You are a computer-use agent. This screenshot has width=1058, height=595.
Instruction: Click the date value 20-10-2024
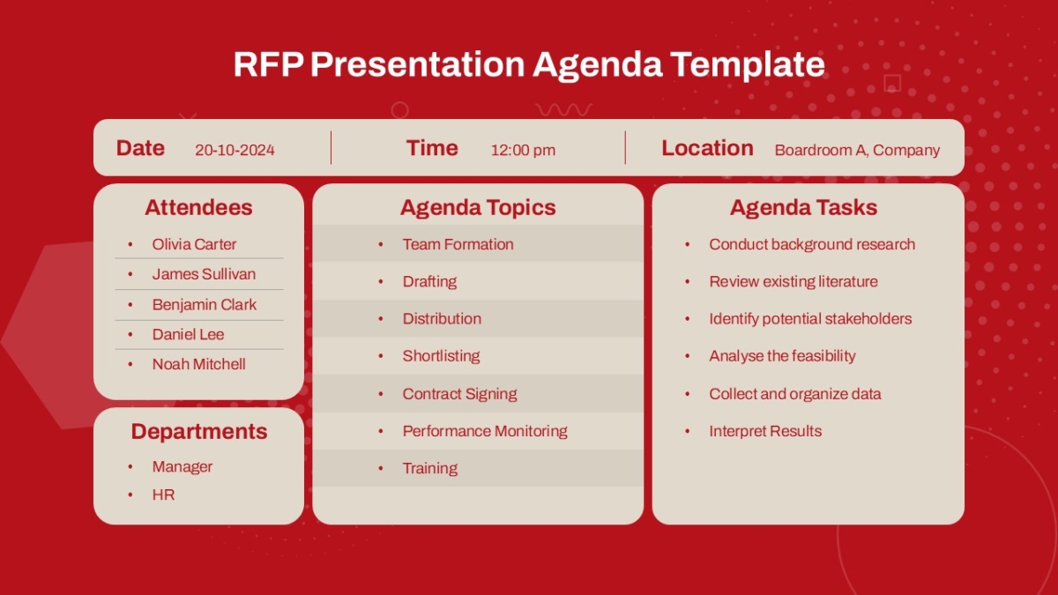(235, 150)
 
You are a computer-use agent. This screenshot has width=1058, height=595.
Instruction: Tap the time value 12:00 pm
(523, 150)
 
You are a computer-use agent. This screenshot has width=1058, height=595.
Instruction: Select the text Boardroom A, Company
(857, 150)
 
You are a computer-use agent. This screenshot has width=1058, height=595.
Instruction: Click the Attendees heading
(199, 207)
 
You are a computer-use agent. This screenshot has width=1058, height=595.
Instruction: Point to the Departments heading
(199, 432)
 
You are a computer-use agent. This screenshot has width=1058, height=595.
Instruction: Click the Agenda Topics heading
(478, 207)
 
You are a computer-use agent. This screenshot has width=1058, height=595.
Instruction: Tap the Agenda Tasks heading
(803, 207)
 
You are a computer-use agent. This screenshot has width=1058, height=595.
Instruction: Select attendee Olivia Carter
(194, 244)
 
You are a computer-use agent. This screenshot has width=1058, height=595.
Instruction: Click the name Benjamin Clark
(204, 305)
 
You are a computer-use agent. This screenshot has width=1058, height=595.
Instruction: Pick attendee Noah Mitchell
(199, 364)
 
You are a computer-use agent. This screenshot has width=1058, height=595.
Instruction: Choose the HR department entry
(163, 495)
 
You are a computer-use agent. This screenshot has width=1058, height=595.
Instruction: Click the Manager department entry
(183, 466)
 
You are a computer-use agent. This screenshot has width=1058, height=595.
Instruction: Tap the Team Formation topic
(458, 244)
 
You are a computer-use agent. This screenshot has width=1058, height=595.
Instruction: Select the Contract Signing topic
(459, 394)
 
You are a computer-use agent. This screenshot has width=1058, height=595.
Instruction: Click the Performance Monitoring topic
(485, 431)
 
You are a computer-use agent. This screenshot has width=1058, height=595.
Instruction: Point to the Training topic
(430, 468)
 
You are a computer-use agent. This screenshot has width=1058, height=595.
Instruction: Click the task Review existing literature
(793, 281)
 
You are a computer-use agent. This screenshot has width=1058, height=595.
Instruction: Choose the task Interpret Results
(765, 431)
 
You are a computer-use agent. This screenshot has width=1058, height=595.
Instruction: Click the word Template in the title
(748, 64)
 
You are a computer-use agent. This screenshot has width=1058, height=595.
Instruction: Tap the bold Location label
(707, 148)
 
